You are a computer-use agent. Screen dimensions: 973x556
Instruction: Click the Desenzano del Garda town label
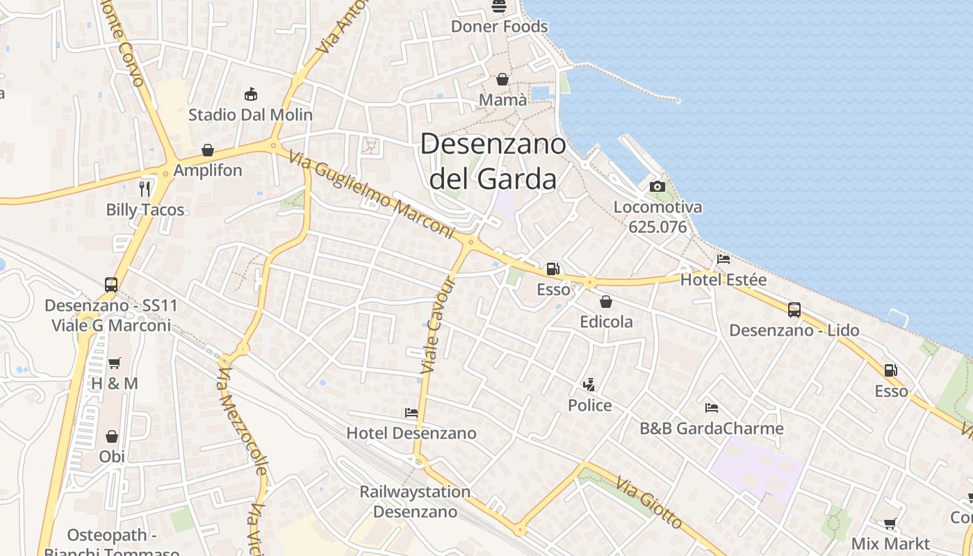[x=493, y=162]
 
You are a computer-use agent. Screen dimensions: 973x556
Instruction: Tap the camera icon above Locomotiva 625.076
[x=657, y=186]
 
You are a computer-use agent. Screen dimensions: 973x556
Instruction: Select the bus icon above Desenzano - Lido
[x=794, y=310]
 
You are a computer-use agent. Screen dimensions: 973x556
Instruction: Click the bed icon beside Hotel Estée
[x=723, y=259]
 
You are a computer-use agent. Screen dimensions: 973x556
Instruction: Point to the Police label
[x=590, y=405]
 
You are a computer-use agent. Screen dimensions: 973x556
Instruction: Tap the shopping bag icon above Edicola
[x=606, y=302]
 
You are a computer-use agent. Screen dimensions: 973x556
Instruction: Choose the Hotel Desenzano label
[x=411, y=433]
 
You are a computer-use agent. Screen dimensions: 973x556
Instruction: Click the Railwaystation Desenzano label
[x=415, y=502]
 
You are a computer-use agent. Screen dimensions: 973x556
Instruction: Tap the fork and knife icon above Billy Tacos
[x=145, y=188]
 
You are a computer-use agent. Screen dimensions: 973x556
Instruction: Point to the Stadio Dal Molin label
[x=250, y=115]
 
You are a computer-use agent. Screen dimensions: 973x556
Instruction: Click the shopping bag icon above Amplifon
[x=207, y=150]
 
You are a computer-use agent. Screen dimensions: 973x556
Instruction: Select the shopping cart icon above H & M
[x=114, y=363]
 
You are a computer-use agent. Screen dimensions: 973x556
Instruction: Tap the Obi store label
[x=112, y=457]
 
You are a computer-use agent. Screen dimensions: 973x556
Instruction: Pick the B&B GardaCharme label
[x=712, y=428]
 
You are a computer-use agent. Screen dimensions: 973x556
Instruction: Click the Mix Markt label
[x=890, y=543]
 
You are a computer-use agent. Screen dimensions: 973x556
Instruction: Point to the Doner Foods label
[x=500, y=26]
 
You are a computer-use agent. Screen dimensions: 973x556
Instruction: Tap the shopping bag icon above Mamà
[x=502, y=80]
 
